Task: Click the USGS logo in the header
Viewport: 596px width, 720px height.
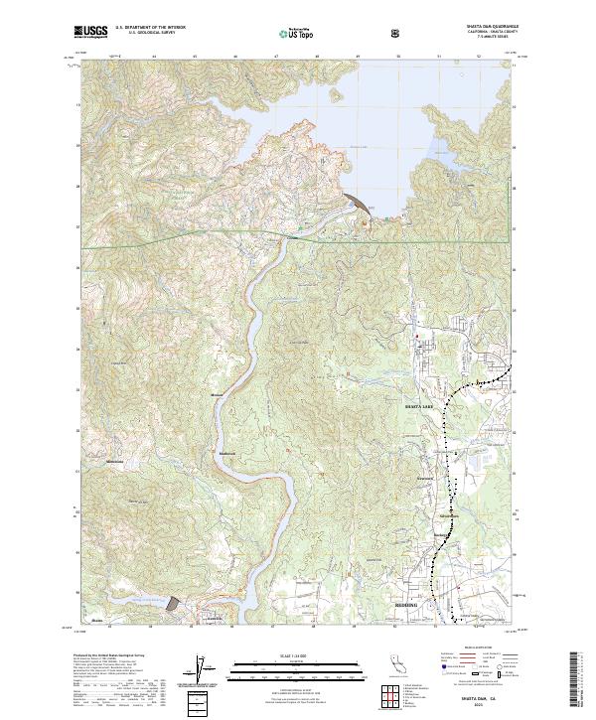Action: coord(89,32)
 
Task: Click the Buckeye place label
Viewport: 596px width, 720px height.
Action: coord(441,536)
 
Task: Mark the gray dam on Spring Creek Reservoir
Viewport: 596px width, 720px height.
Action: coord(174,603)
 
